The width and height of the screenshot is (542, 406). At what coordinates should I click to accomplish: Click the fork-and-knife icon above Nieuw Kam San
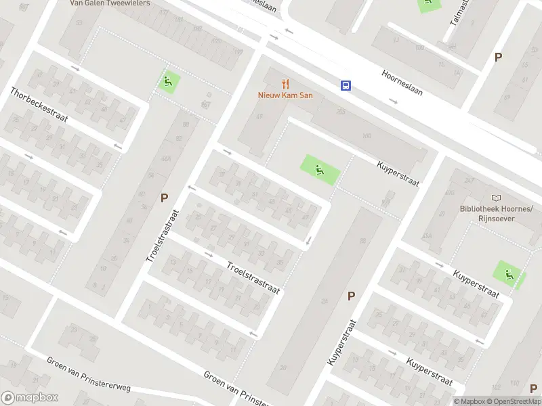coord(285,85)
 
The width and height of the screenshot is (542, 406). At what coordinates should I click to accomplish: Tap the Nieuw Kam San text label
coord(285,95)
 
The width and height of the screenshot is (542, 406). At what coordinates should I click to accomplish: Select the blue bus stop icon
coord(346,85)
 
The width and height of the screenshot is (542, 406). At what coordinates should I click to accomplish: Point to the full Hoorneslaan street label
coord(402,82)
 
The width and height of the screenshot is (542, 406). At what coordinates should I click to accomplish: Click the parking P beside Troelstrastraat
coord(164,198)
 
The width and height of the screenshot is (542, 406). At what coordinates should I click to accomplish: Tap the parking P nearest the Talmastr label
coord(498,58)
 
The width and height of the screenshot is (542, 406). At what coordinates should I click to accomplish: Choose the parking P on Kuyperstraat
coord(351,296)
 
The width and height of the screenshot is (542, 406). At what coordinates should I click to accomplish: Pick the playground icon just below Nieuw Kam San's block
coord(318,167)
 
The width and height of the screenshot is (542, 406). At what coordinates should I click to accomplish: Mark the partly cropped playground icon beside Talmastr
coord(428,3)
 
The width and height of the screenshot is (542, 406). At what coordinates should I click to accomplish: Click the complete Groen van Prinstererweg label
coord(88,373)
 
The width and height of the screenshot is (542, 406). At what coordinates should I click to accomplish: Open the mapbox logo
coord(29,398)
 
